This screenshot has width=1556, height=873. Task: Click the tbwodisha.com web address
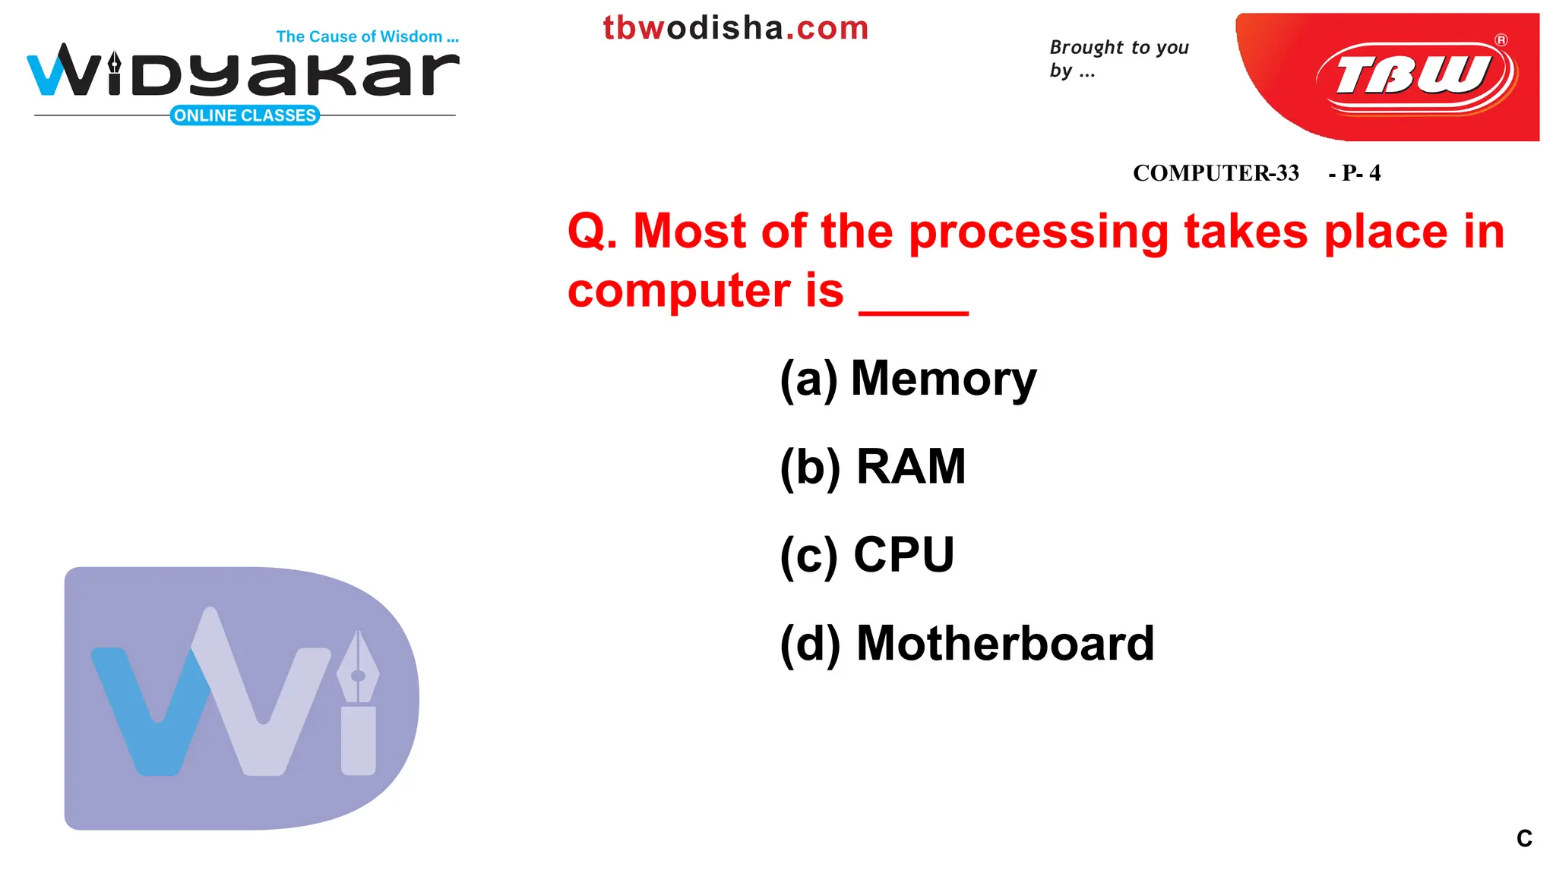tap(735, 28)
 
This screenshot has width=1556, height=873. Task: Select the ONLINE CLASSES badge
tap(245, 115)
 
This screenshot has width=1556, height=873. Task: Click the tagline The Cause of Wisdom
tap(367, 36)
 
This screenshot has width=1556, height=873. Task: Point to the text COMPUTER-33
tap(1216, 173)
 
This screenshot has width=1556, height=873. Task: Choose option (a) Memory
tap(908, 378)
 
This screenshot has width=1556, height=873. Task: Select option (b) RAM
tap(872, 466)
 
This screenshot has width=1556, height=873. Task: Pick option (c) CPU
tap(867, 555)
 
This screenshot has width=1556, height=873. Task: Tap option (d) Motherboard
tap(966, 644)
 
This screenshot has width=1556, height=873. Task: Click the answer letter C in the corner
tap(1524, 838)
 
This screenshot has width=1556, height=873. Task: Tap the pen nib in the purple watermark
tap(358, 668)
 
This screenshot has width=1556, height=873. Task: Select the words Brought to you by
tap(1118, 58)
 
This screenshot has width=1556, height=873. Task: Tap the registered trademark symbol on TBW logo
tap(1501, 40)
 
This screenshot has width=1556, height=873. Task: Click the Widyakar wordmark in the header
tap(243, 73)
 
